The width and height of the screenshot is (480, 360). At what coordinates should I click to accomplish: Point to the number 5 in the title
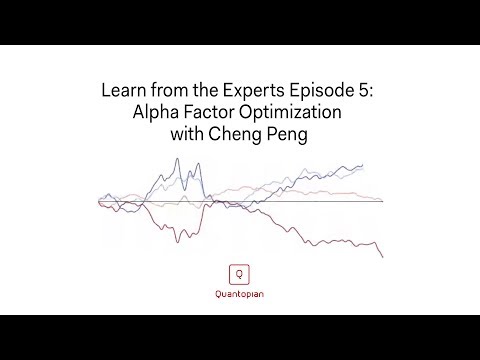tap(363, 90)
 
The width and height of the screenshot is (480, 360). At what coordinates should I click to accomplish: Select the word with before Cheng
tap(187, 134)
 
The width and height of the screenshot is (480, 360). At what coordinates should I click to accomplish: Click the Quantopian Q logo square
tap(239, 274)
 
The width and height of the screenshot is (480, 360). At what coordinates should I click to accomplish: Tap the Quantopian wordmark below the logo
tap(239, 294)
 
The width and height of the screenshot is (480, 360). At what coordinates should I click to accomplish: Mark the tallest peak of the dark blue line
tap(177, 159)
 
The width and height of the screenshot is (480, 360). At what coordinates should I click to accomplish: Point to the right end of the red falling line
tap(383, 257)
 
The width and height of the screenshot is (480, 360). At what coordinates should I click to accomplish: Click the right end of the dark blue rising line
tap(363, 165)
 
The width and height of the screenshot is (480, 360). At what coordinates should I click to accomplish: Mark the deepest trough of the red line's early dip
tap(177, 242)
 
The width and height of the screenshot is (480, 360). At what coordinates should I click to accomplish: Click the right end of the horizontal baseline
tap(383, 201)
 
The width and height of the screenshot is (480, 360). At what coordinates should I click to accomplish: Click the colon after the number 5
tap(370, 92)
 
